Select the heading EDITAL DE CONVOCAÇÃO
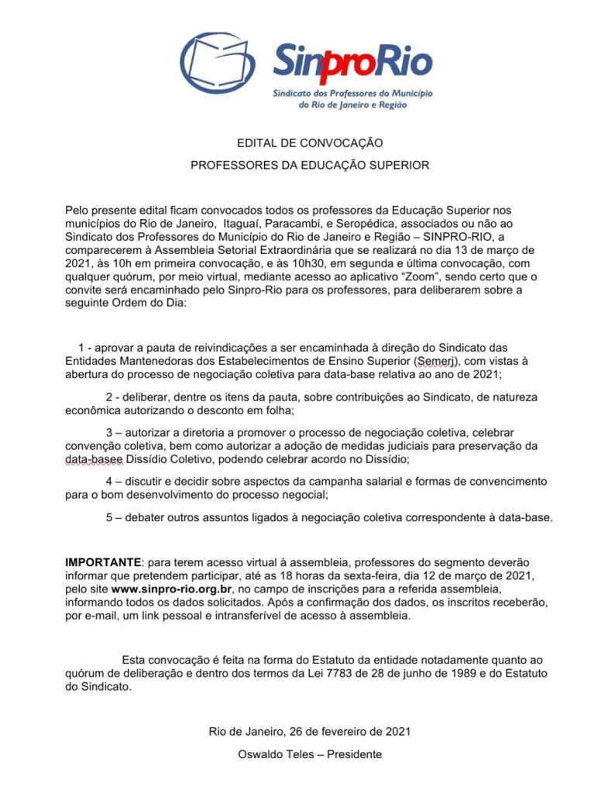(310, 143)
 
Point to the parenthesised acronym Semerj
(436, 361)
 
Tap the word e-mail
(98, 616)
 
